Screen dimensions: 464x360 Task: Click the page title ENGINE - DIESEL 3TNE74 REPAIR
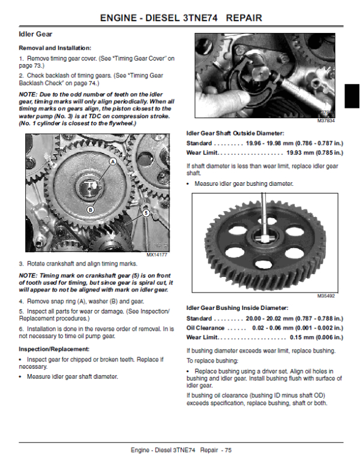tap(180, 17)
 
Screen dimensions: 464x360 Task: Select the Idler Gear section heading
tap(35, 35)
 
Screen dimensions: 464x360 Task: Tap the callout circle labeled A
tap(112, 162)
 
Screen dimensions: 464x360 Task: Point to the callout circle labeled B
tap(90, 209)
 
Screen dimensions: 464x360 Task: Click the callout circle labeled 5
tap(145, 212)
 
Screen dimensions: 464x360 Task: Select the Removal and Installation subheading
tap(55, 47)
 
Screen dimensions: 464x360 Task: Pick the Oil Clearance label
tap(206, 328)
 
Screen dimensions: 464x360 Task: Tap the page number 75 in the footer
tap(227, 450)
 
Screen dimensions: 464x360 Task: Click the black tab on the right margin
tap(353, 96)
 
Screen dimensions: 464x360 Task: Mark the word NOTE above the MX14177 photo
tap(28, 95)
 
